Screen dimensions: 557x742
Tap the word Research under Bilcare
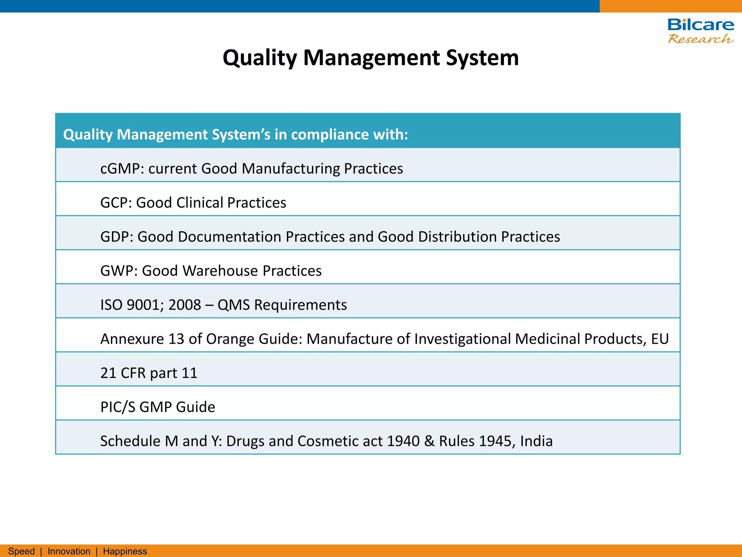pyautogui.click(x=700, y=38)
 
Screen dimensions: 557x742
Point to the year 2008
pyautogui.click(x=185, y=305)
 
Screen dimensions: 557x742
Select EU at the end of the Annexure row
pyautogui.click(x=660, y=339)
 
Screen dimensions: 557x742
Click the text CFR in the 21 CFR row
pyautogui.click(x=133, y=373)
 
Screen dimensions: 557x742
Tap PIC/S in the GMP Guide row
pyautogui.click(x=118, y=407)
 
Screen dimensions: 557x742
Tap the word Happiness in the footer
pyautogui.click(x=125, y=551)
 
